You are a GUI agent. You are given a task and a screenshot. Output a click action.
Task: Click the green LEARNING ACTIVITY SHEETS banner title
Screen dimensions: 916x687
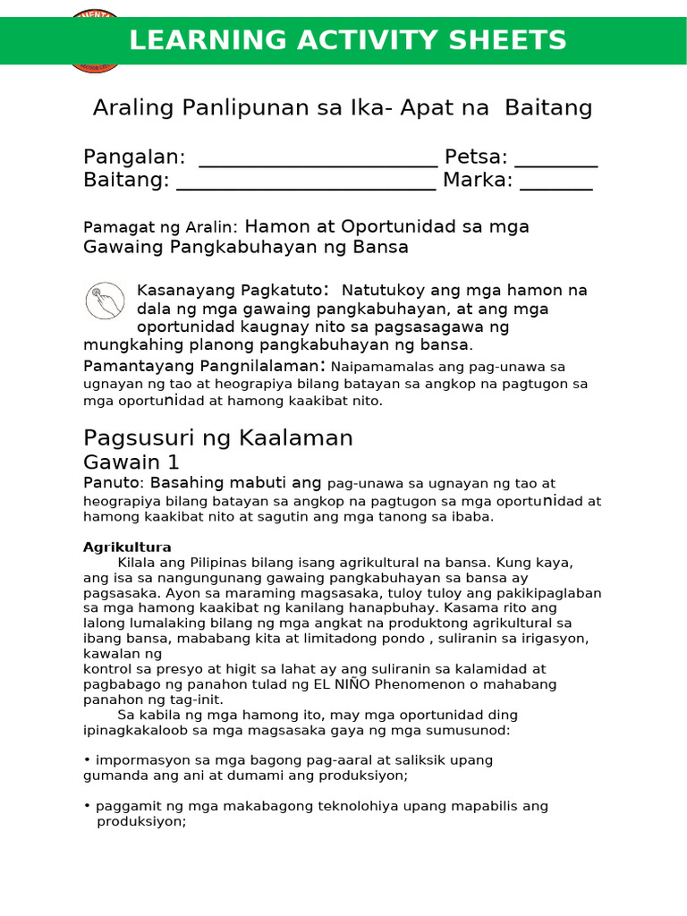pyautogui.click(x=348, y=41)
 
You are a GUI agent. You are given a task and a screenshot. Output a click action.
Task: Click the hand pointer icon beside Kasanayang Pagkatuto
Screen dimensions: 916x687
pyautogui.click(x=105, y=301)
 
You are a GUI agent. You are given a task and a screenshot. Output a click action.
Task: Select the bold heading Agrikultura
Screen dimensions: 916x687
pyautogui.click(x=127, y=547)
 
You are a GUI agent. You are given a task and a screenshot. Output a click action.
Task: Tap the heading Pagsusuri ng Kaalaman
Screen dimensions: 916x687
pyautogui.click(x=218, y=437)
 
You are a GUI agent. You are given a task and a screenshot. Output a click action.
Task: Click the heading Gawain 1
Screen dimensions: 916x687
pyautogui.click(x=131, y=462)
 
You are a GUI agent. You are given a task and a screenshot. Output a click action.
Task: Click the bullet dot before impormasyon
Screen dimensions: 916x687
pyautogui.click(x=87, y=760)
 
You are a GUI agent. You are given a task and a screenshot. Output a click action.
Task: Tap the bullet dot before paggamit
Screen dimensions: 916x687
pyautogui.click(x=87, y=806)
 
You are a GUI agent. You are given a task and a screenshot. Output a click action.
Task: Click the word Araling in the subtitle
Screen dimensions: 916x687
pyautogui.click(x=134, y=108)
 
